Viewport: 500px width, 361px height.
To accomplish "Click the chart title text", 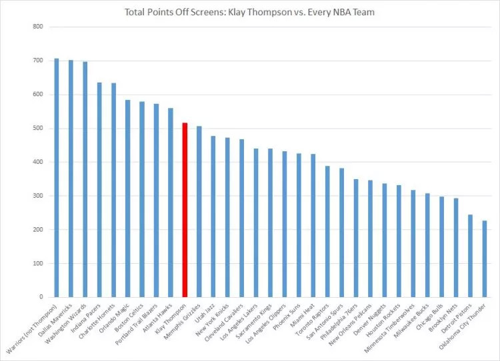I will pyautogui.click(x=251, y=11).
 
